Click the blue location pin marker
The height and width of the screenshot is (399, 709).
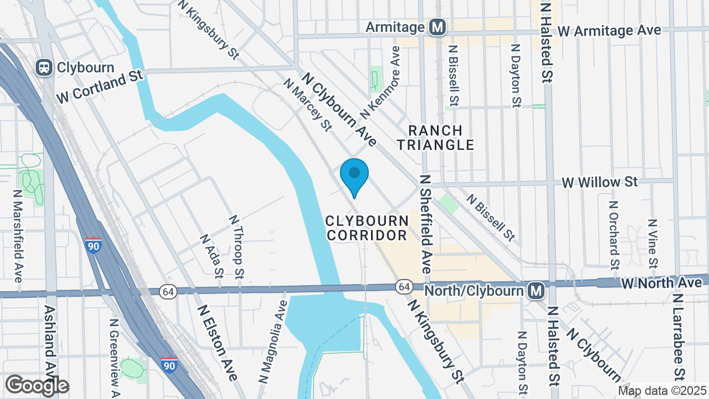pos(354,175)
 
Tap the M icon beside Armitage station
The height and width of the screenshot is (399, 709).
pos(437,27)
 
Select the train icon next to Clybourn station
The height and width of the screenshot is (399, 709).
pos(44,67)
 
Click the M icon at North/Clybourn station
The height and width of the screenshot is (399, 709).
pos(536,291)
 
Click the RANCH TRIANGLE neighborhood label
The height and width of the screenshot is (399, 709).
pos(436,138)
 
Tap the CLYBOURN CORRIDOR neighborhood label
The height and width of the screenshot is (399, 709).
pos(366,227)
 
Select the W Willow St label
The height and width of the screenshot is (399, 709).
pos(599,182)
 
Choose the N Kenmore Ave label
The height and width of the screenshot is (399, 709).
pos(381,83)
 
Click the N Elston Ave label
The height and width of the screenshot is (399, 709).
pos(218,342)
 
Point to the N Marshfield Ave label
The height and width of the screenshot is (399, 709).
pos(18,235)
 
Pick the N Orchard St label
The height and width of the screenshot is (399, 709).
pos(613,235)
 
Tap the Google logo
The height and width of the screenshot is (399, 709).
pos(37,386)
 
